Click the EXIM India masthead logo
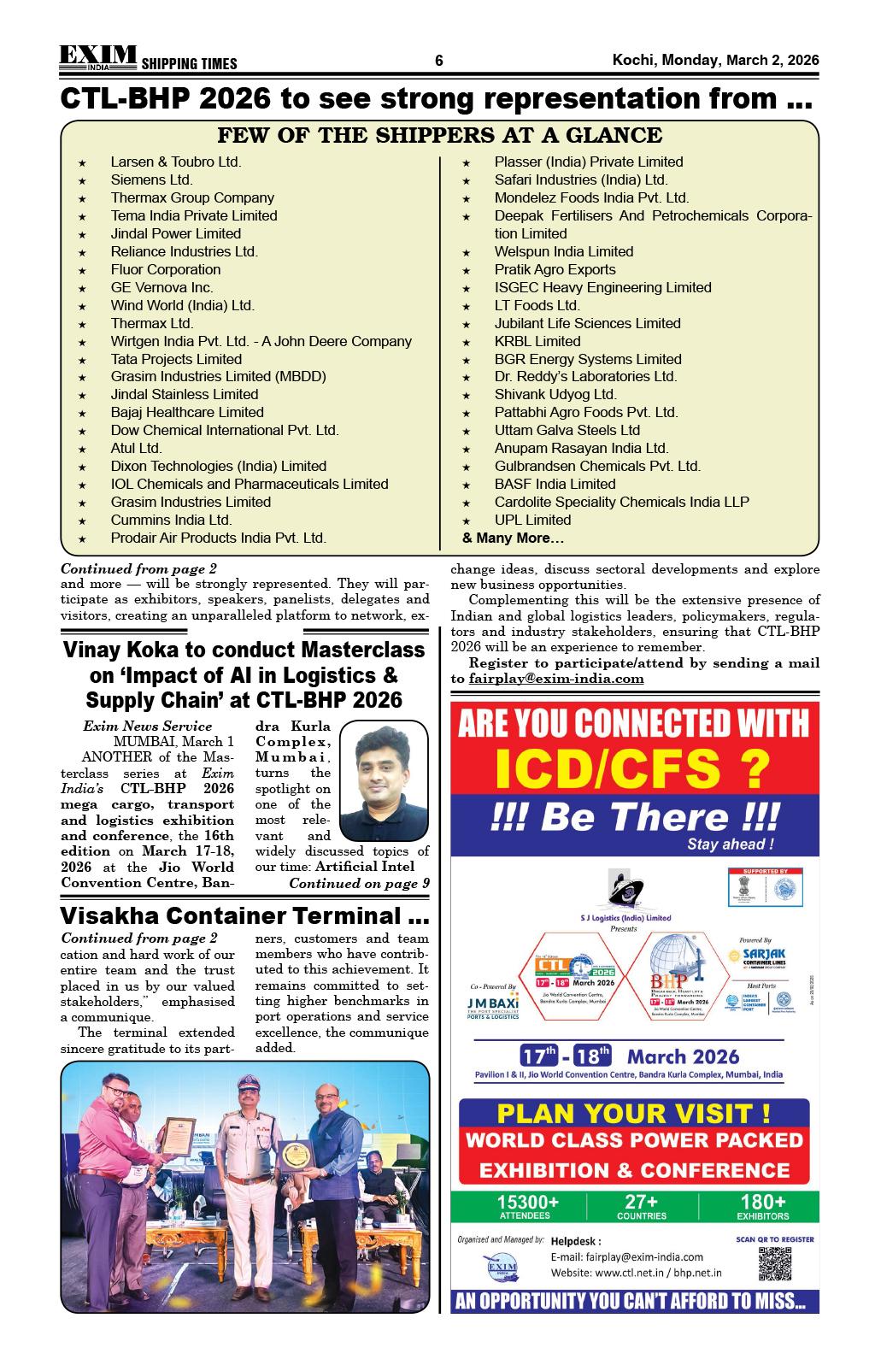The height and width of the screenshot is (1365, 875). [97, 56]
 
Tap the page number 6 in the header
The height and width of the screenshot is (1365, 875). [439, 61]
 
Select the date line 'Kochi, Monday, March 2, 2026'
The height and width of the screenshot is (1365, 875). [715, 61]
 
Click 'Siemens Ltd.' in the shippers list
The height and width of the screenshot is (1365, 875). [151, 179]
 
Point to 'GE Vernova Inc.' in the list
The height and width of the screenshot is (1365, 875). [161, 287]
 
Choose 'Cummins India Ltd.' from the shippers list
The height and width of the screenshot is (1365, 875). [171, 520]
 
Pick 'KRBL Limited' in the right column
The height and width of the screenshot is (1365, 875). [537, 341]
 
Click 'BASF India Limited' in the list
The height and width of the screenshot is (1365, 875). [555, 484]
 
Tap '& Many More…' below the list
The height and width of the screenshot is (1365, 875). [513, 538]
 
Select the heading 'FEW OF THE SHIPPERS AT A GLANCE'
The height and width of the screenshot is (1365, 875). [439, 135]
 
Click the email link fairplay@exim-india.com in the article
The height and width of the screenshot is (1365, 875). [556, 679]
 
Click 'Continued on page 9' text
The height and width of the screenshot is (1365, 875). [359, 883]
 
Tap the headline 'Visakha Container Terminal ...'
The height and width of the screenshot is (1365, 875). [244, 916]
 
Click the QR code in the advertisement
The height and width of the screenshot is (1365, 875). [774, 1264]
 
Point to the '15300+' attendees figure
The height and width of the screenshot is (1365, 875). [528, 1202]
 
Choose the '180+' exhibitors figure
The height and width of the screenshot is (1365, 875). [763, 1202]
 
